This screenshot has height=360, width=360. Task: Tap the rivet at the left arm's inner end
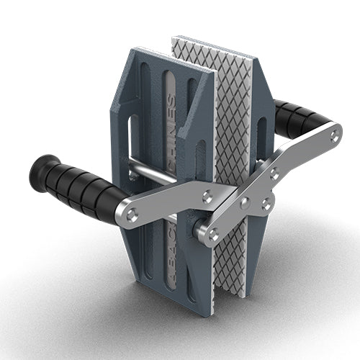coord(207,194)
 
